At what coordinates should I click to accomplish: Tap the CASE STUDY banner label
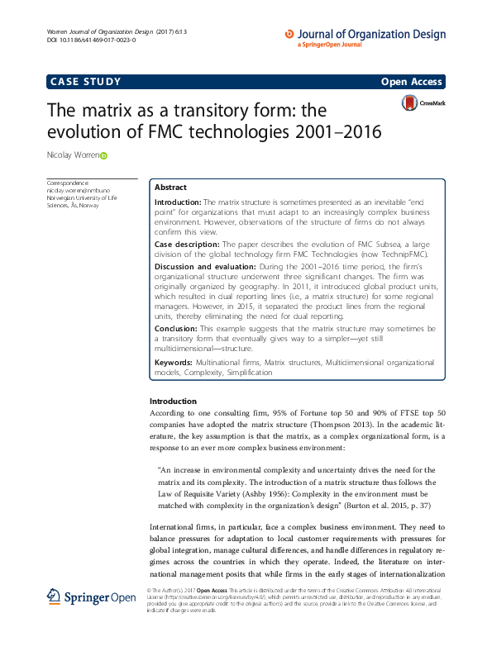pos(86,81)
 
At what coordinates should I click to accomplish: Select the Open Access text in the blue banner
pos(412,82)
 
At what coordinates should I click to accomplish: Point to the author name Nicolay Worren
pos(74,155)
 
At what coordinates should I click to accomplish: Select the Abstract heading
pos(171,188)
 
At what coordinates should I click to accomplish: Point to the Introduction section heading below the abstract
pos(173,401)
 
